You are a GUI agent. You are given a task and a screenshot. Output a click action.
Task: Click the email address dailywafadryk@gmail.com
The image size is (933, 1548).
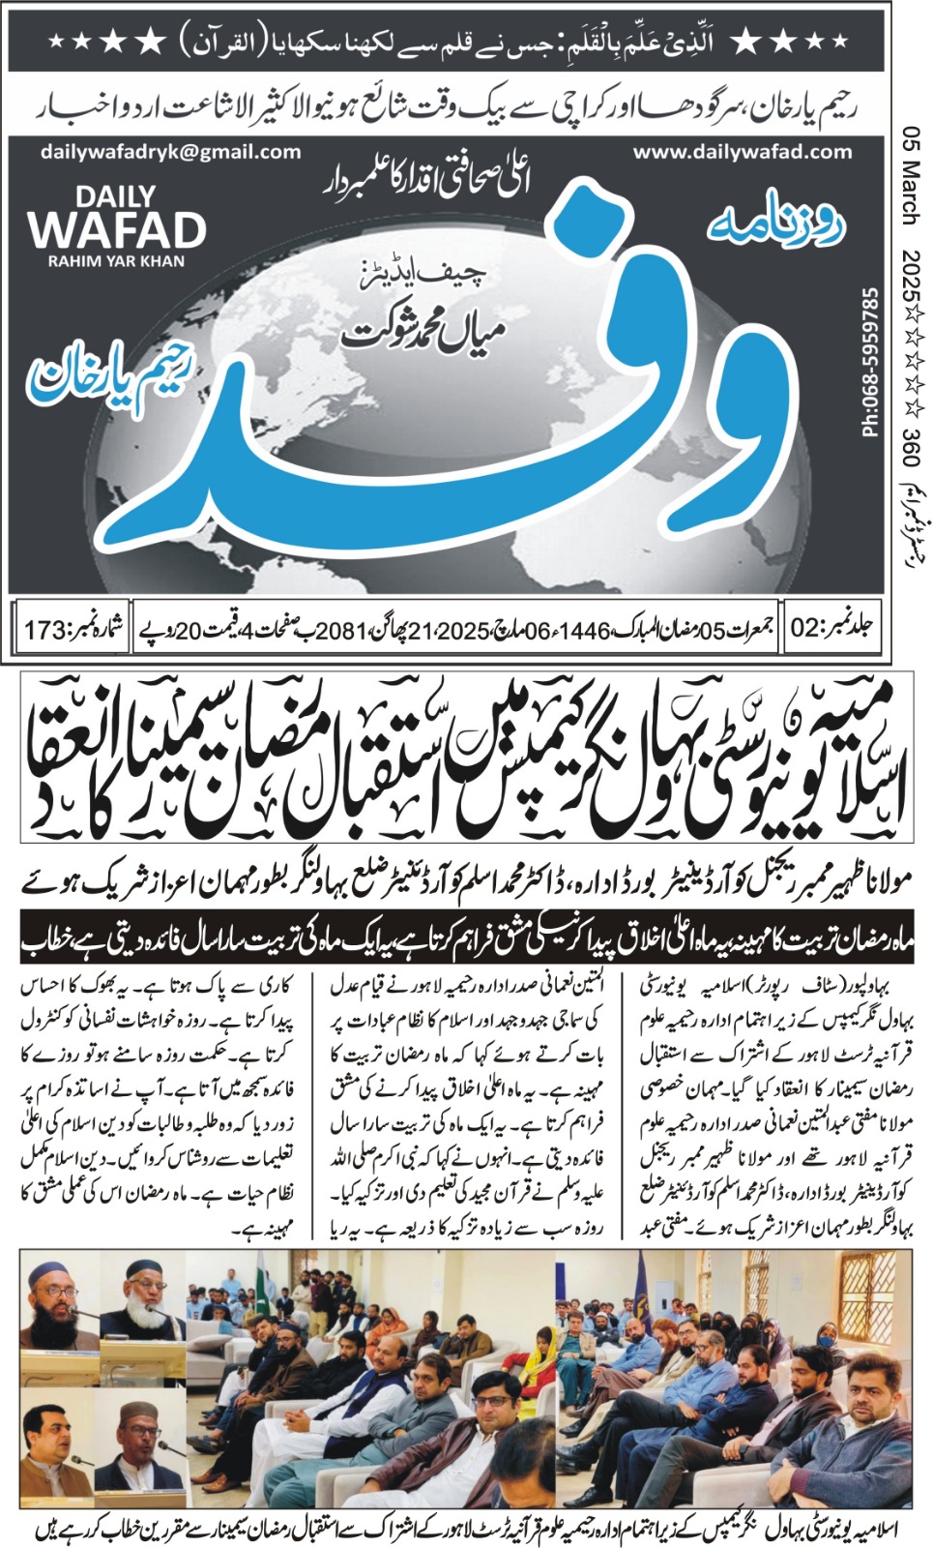(x=171, y=152)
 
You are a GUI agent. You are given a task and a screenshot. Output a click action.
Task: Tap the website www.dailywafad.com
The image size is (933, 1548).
(x=743, y=151)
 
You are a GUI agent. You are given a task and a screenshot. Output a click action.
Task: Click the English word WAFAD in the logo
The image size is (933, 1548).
(x=116, y=230)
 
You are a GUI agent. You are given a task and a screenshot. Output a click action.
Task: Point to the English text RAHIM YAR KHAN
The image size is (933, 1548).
(x=116, y=261)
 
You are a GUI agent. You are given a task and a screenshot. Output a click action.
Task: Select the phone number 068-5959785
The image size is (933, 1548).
(x=870, y=361)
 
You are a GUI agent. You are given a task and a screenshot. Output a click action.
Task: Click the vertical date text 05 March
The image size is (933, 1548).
(x=910, y=175)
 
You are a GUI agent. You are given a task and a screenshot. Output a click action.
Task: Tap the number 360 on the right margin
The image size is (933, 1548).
(x=910, y=427)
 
